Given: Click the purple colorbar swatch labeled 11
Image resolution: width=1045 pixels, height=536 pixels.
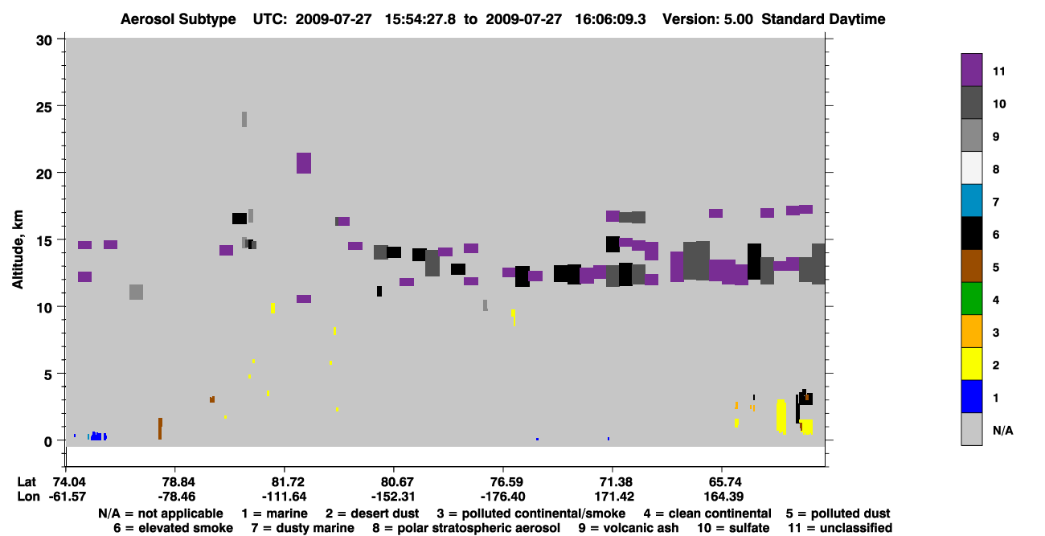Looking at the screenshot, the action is click(971, 70).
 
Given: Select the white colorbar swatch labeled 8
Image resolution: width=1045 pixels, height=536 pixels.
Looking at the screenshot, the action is click(971, 168).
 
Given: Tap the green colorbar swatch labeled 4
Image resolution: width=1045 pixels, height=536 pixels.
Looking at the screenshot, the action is click(971, 299).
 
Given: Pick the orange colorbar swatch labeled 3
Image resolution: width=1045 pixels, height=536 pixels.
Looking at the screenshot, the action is click(971, 331).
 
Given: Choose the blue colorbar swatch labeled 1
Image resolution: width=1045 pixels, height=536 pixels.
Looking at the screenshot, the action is click(971, 396).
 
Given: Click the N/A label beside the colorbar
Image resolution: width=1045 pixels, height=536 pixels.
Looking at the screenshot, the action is click(1002, 431).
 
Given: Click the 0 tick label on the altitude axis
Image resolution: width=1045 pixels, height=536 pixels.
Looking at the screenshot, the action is click(48, 441).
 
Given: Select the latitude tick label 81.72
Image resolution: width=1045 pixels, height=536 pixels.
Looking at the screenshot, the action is click(285, 482).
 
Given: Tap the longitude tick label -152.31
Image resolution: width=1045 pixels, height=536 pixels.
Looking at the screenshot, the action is click(393, 497).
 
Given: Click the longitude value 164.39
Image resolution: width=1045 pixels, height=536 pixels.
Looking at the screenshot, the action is click(723, 497).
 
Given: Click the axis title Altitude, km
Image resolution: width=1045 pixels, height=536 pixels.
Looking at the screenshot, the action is click(18, 250).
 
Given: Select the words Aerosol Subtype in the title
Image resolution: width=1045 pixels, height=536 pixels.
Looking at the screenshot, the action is click(178, 19).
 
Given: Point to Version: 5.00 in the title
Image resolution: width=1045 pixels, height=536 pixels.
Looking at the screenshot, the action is click(707, 19).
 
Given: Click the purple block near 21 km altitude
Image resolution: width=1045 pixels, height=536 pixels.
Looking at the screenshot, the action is click(304, 163).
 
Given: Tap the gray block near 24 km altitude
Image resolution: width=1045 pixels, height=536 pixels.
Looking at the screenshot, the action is click(244, 119).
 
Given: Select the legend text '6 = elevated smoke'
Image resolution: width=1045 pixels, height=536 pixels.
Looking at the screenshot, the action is click(173, 528).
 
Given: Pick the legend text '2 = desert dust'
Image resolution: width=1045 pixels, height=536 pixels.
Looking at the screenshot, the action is click(372, 513).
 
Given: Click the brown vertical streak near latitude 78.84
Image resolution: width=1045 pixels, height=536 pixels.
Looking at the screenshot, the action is click(160, 428).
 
